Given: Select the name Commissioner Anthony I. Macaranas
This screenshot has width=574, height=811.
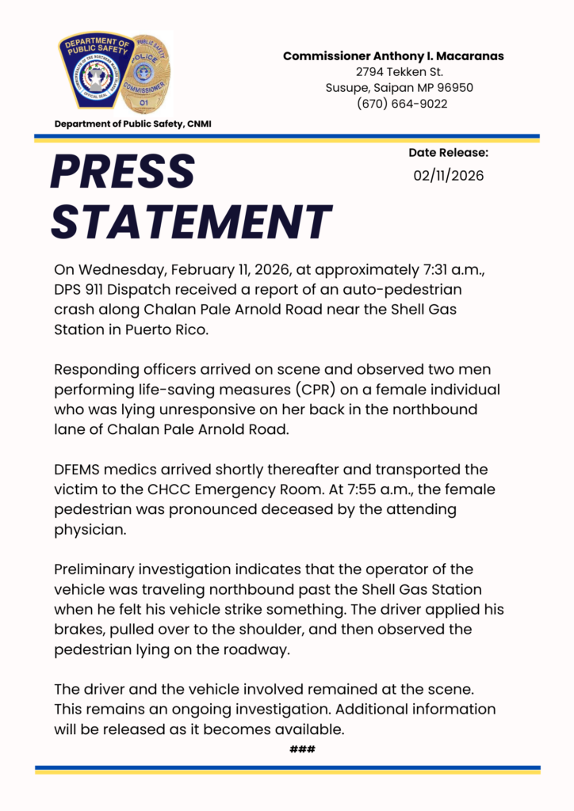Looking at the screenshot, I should pos(393,56).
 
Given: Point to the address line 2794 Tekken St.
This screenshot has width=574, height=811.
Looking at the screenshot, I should pos(393,72).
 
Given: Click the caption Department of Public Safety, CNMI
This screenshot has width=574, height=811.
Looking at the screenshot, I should pos(132,124).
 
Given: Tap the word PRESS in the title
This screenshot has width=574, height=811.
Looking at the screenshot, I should pos(123,171).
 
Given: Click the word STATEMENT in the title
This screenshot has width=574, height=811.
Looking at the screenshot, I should pos(191,221).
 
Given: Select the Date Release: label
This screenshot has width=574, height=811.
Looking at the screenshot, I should pos(448,153).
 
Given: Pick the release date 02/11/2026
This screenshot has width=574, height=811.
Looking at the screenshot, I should pos(448,175).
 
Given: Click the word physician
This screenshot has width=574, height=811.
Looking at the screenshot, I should pos(90,530).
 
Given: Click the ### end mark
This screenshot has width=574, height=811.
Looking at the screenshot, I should pos(303,748).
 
